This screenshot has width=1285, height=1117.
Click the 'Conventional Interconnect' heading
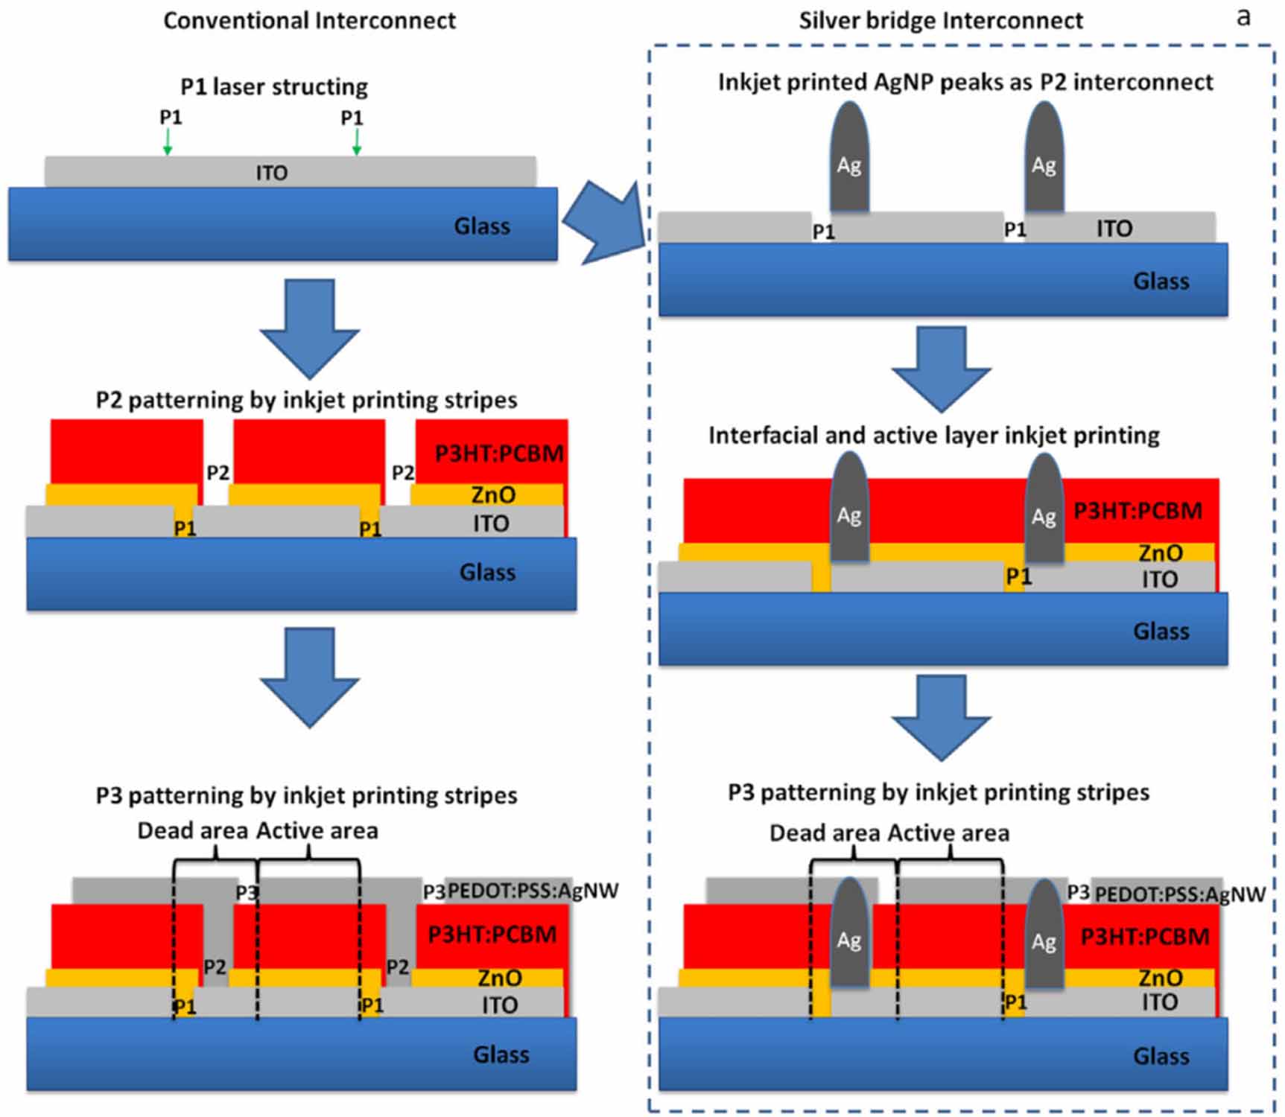[309, 20]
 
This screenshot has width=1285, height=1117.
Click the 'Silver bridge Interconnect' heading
[940, 20]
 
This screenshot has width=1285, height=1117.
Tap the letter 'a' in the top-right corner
[1243, 16]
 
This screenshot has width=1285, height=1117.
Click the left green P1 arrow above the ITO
[168, 141]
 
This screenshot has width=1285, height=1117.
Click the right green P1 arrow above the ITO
[356, 141]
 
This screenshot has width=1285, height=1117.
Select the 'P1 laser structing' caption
[274, 86]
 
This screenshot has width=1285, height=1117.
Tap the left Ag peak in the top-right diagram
[849, 160]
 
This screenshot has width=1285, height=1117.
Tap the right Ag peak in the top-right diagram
[1044, 160]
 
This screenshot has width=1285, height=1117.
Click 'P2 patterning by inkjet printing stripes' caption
[306, 400]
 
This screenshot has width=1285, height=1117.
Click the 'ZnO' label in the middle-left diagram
[493, 494]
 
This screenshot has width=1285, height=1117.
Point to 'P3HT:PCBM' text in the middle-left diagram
[499, 453]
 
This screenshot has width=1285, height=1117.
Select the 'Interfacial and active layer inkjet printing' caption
[933, 435]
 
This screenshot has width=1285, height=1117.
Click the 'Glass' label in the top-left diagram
[482, 226]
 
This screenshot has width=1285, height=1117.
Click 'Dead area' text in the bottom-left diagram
[192, 830]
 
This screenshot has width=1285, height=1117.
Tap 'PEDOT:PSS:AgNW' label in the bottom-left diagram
[533, 891]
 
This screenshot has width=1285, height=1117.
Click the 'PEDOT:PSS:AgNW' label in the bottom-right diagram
[1180, 894]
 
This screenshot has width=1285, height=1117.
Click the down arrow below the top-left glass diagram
[309, 328]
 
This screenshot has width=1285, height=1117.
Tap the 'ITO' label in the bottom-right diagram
[1159, 1002]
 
